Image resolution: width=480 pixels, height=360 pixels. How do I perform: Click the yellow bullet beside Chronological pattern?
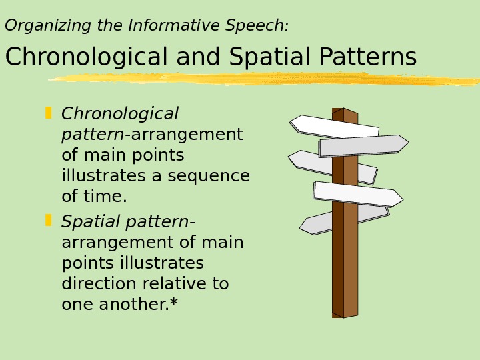click(49, 113)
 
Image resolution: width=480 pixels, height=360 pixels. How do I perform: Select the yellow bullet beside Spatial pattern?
click(49, 220)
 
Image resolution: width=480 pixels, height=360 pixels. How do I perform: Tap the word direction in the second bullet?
click(100, 284)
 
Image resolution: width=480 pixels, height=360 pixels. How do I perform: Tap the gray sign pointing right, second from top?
click(363, 145)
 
